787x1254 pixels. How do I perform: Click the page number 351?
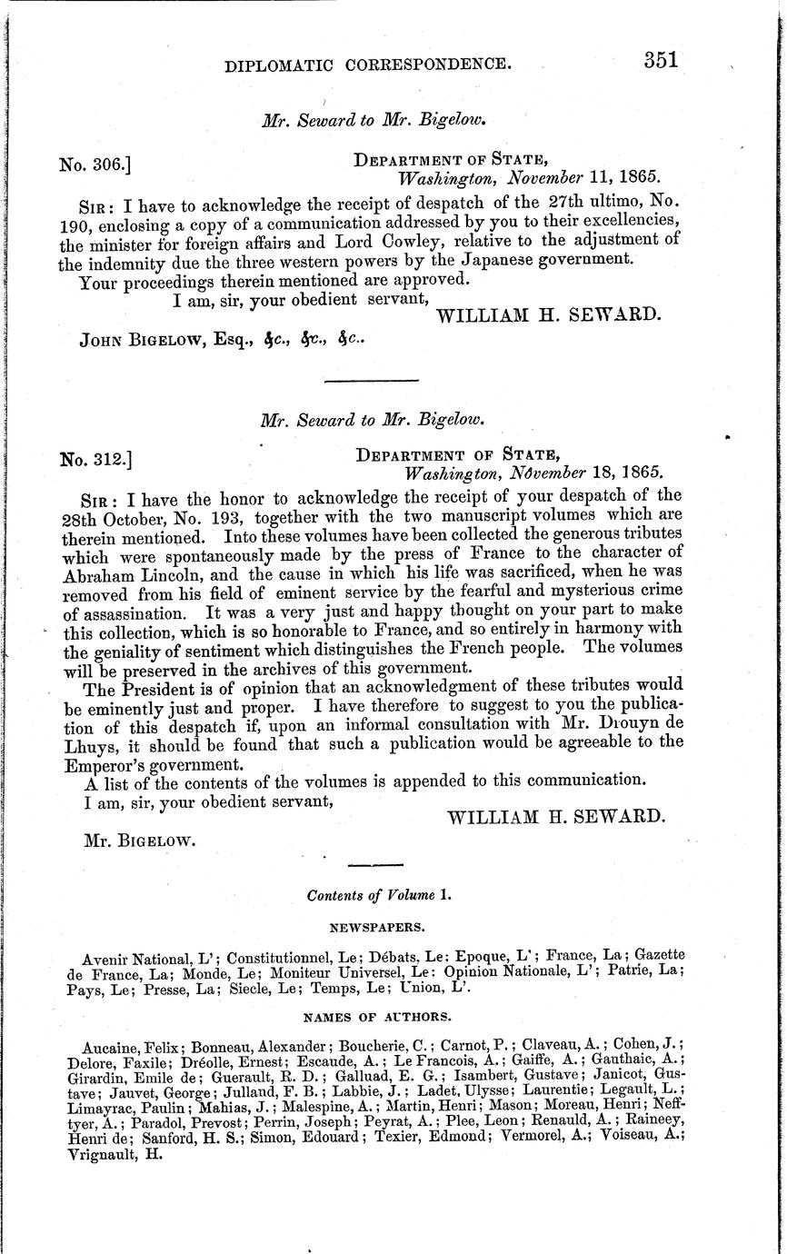[661, 61]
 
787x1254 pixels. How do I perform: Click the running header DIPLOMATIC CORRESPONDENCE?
[367, 65]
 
